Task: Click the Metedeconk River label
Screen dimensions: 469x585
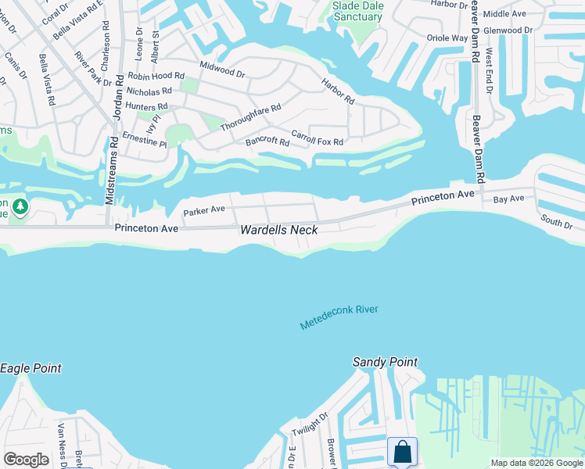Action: (339, 317)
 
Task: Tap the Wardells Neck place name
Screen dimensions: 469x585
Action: (278, 230)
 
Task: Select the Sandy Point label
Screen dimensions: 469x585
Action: (385, 362)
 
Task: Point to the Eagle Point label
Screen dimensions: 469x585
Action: (31, 368)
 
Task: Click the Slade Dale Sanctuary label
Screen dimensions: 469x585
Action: (357, 10)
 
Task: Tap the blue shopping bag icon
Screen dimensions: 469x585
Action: (402, 452)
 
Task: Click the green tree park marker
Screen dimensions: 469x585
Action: (20, 207)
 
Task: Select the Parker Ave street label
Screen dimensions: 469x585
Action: (203, 210)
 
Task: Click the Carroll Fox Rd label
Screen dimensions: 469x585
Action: (317, 138)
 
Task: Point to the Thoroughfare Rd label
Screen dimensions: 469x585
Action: (250, 117)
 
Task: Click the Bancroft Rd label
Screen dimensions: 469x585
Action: (267, 141)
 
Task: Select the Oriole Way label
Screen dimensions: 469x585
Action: (447, 38)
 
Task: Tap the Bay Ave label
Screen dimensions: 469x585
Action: (508, 200)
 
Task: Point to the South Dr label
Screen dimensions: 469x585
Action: (556, 222)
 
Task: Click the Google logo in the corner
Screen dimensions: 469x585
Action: (26, 459)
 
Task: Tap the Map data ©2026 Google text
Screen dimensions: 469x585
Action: (537, 463)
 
